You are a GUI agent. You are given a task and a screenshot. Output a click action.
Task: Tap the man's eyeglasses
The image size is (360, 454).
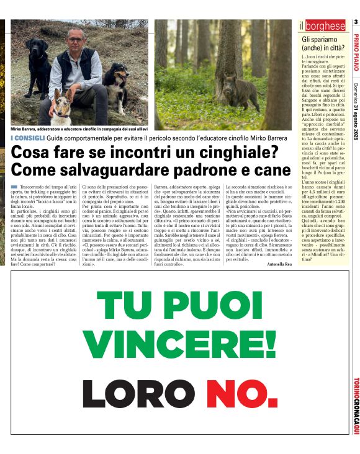pos(76,40)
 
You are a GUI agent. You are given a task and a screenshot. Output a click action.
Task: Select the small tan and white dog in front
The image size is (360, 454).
pos(61,109)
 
